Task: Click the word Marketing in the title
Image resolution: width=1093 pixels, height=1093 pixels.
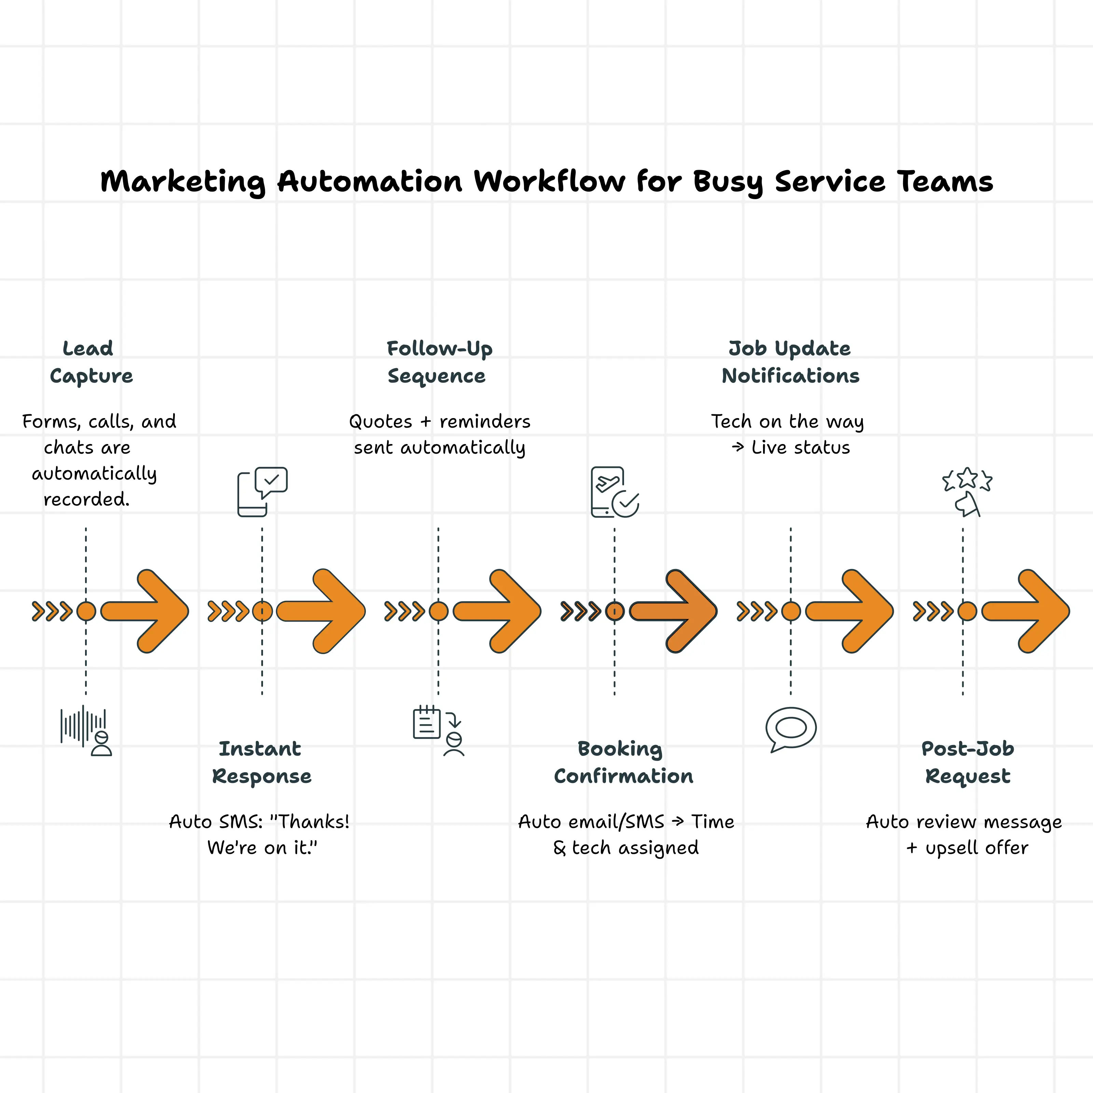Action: coord(182,182)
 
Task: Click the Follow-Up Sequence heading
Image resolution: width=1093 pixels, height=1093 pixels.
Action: coord(439,362)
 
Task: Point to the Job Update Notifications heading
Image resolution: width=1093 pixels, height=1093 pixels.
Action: coord(790,362)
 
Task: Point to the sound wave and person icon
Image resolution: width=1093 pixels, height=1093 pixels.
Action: coord(86,730)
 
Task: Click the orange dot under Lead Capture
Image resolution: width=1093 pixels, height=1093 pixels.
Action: coord(86,611)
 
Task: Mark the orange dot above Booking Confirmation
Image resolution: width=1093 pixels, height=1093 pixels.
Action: coord(614,611)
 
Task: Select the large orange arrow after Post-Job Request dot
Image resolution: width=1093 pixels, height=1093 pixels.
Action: coord(1025,611)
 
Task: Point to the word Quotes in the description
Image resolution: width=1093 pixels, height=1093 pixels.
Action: coord(380,421)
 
